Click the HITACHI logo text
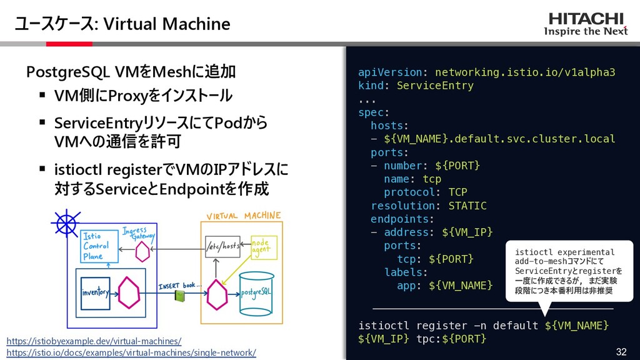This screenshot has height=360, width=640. (586, 19)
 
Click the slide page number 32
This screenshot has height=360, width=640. (621, 351)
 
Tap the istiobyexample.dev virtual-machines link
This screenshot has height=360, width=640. (94, 341)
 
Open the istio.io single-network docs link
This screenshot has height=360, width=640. (131, 353)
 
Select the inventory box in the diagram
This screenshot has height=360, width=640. (94, 292)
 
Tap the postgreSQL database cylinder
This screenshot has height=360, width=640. (256, 292)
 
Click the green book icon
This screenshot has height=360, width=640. (180, 295)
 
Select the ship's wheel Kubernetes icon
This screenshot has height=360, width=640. (64, 222)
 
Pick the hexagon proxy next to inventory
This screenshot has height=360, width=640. (129, 293)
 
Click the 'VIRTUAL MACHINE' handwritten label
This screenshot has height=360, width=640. (244, 216)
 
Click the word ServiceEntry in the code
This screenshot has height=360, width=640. (435, 86)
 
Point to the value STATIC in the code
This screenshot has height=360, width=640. (467, 206)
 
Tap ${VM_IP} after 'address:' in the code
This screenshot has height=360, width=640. (467, 232)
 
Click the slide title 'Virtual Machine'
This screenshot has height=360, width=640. (166, 24)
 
